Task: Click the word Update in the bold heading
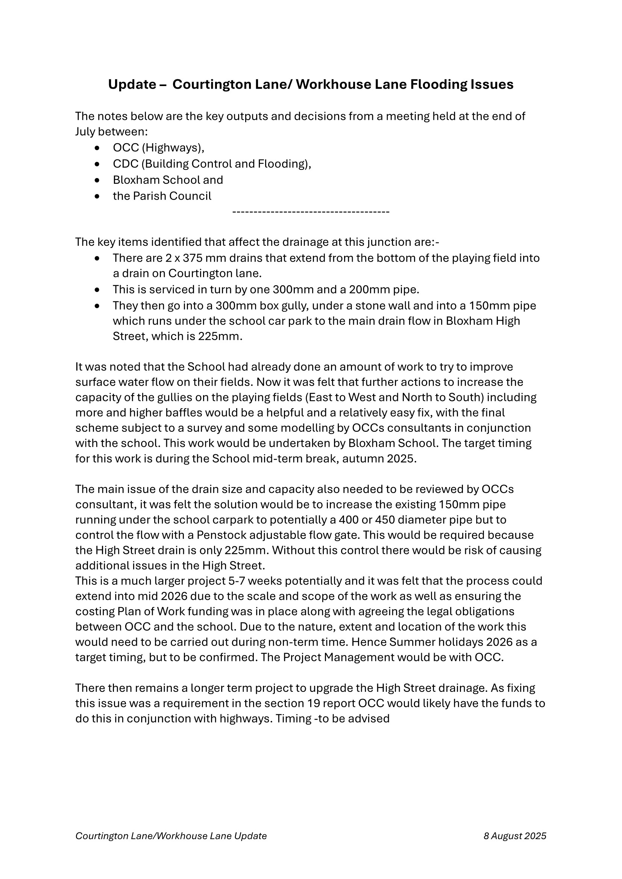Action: (132, 85)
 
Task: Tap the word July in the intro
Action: (85, 132)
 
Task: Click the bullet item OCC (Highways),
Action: (159, 148)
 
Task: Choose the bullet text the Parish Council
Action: (162, 196)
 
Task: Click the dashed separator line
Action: (311, 212)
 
